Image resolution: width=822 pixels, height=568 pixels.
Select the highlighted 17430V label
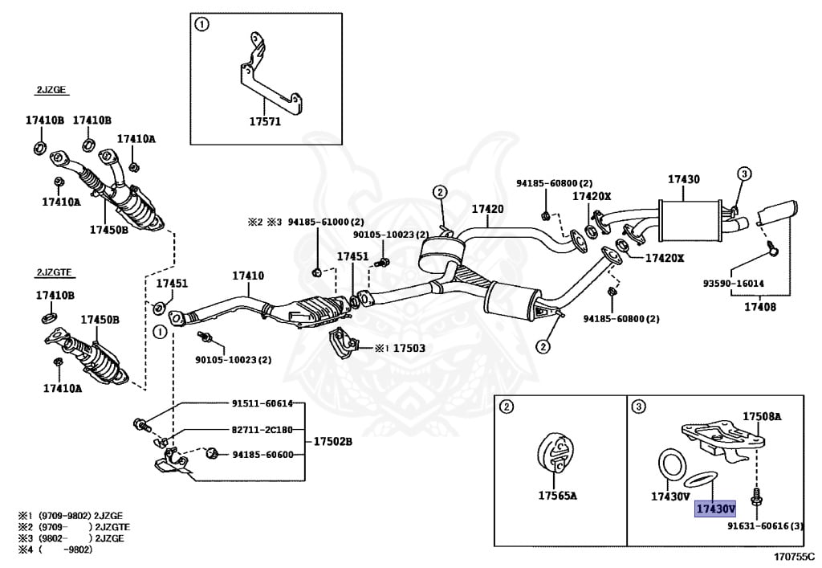(715, 509)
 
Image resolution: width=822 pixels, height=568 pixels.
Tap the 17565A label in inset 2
(557, 496)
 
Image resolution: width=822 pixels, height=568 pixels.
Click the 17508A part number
(762, 416)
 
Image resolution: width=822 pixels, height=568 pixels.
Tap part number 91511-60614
(262, 403)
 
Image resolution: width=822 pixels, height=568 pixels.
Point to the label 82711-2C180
(262, 429)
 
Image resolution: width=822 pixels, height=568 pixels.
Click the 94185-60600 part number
(262, 455)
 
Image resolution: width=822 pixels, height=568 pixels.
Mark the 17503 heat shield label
(409, 348)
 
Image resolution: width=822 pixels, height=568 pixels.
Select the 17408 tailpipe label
(759, 306)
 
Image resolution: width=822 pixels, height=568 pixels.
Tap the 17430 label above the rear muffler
(684, 180)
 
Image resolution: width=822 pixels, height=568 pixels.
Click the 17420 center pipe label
(487, 209)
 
